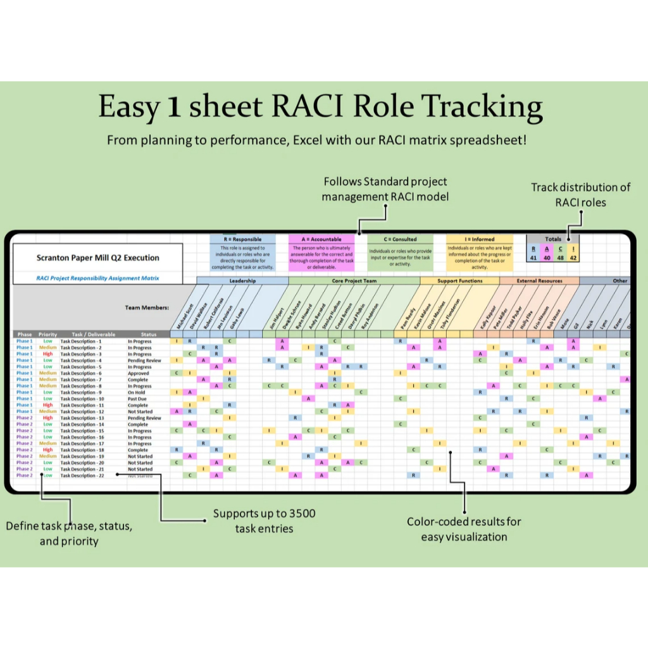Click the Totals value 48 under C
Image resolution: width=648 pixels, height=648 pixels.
tap(561, 258)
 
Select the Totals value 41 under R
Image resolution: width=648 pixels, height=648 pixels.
tap(534, 258)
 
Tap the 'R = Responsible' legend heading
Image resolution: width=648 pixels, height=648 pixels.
tap(242, 239)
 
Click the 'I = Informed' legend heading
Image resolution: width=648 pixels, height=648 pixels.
tap(479, 239)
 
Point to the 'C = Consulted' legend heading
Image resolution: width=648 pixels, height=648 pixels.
tap(401, 239)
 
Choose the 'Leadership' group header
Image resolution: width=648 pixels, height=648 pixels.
tap(242, 280)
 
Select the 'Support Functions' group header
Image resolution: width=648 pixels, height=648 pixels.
tap(460, 280)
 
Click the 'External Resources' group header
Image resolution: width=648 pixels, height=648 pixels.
tap(539, 280)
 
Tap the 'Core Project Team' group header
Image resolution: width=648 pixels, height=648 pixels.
tap(354, 280)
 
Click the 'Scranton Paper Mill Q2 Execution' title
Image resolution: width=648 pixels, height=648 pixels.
tap(97, 258)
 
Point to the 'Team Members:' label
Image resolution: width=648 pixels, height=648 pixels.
tap(147, 308)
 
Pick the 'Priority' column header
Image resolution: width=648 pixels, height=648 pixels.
tap(47, 334)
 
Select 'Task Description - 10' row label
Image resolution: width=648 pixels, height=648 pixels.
tap(82, 399)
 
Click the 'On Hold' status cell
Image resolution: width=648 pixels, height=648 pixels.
tap(137, 392)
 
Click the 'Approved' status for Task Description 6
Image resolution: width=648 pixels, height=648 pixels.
tap(138, 373)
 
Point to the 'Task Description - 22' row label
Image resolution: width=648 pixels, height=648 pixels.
tap(82, 475)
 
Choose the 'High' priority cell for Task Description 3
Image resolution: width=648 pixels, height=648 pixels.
tap(47, 354)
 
